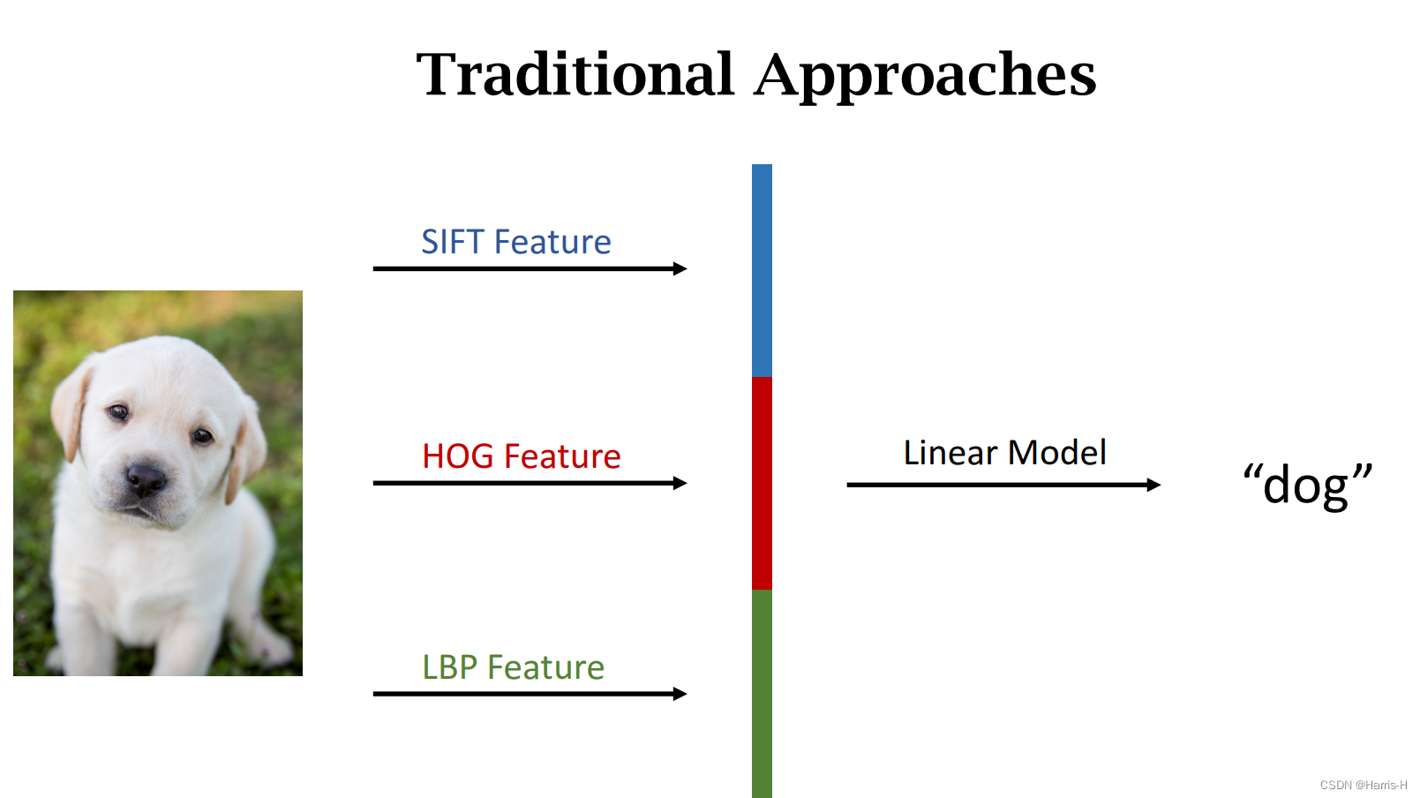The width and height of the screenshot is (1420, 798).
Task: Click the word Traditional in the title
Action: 575,74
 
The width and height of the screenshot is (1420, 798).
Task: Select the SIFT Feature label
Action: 516,242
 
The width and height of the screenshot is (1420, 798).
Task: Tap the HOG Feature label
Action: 521,456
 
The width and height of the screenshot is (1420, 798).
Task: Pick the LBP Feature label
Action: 513,667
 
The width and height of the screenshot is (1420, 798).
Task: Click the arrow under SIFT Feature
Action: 530,268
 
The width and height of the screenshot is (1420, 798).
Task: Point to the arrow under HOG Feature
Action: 530,483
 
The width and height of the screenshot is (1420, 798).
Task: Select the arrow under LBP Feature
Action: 530,694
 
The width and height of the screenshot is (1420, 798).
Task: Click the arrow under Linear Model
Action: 1003,485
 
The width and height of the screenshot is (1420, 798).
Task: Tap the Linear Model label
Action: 1004,453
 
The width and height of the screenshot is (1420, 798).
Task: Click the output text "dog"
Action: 1307,485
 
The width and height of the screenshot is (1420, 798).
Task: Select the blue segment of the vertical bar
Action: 762,270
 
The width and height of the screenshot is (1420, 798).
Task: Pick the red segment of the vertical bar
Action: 762,483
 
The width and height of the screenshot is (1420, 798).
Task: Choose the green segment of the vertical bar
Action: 762,693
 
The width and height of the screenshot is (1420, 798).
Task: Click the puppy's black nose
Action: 146,479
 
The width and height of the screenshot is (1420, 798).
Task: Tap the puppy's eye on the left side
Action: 118,411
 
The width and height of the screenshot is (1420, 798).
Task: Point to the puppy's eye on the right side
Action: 202,435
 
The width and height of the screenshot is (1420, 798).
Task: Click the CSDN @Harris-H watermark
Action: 1363,785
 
